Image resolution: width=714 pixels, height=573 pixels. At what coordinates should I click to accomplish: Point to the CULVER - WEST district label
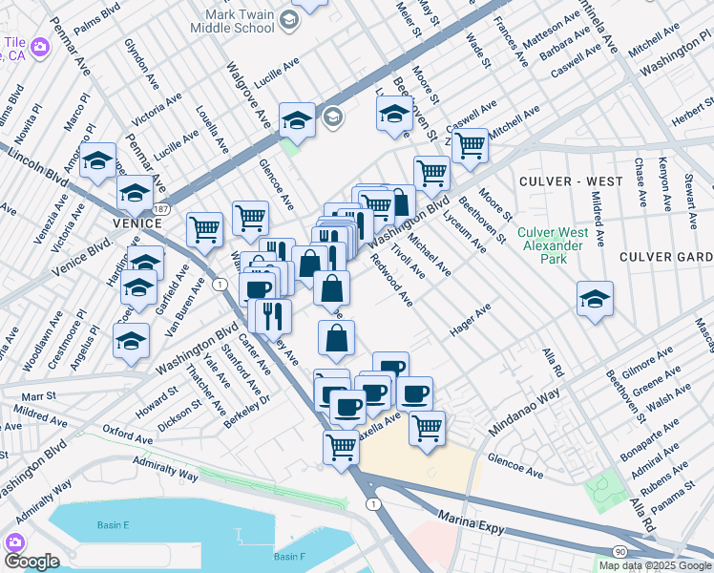[556, 180]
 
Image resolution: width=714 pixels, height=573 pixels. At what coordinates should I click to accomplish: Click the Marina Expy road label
[470, 518]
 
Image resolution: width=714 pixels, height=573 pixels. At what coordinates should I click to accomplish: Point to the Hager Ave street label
[470, 320]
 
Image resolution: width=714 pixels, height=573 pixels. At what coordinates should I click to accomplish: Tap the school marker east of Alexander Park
[595, 298]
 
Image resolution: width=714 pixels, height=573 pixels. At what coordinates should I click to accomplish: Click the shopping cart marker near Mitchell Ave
[469, 145]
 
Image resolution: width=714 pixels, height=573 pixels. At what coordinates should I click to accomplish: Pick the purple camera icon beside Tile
[40, 47]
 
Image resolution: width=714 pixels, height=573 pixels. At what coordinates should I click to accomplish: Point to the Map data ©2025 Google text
[655, 565]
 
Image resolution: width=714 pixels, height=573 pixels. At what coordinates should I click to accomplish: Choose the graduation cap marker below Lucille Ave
[297, 119]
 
